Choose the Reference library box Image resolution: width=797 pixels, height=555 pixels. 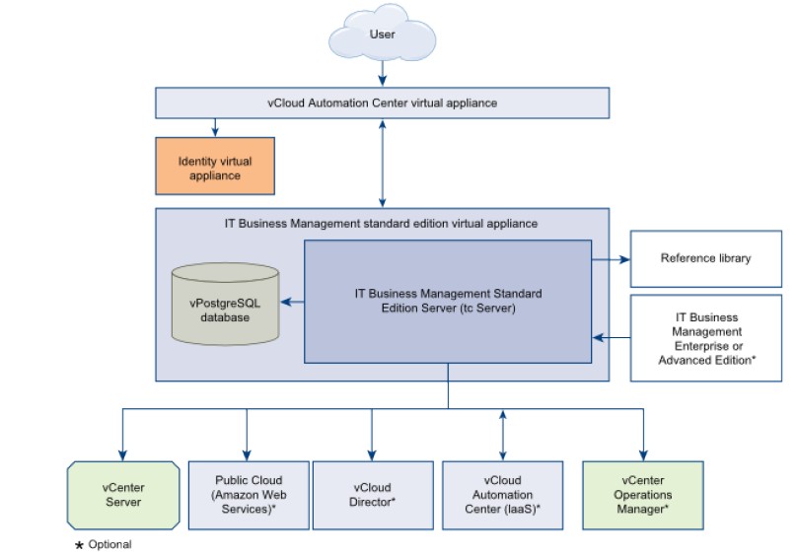(x=704, y=259)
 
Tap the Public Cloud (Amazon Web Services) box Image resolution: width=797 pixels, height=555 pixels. (x=247, y=494)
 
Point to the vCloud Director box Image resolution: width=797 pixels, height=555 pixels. (x=372, y=494)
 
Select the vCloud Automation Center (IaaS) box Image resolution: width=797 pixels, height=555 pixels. (x=504, y=494)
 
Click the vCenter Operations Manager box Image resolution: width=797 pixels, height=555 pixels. (x=643, y=494)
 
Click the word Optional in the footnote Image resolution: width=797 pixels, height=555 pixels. (x=109, y=544)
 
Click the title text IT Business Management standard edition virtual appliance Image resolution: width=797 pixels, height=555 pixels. (x=381, y=224)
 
